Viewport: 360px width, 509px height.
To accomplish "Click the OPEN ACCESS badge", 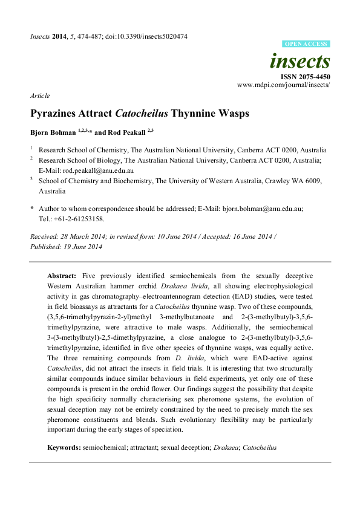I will [x=306, y=44].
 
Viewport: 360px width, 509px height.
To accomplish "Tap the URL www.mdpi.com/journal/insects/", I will [x=283, y=85].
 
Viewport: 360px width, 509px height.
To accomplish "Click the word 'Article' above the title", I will [x=39, y=96].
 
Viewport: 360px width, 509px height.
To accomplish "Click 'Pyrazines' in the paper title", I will [x=56, y=113].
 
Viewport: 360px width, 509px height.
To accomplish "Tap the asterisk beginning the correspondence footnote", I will [x=32, y=208].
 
